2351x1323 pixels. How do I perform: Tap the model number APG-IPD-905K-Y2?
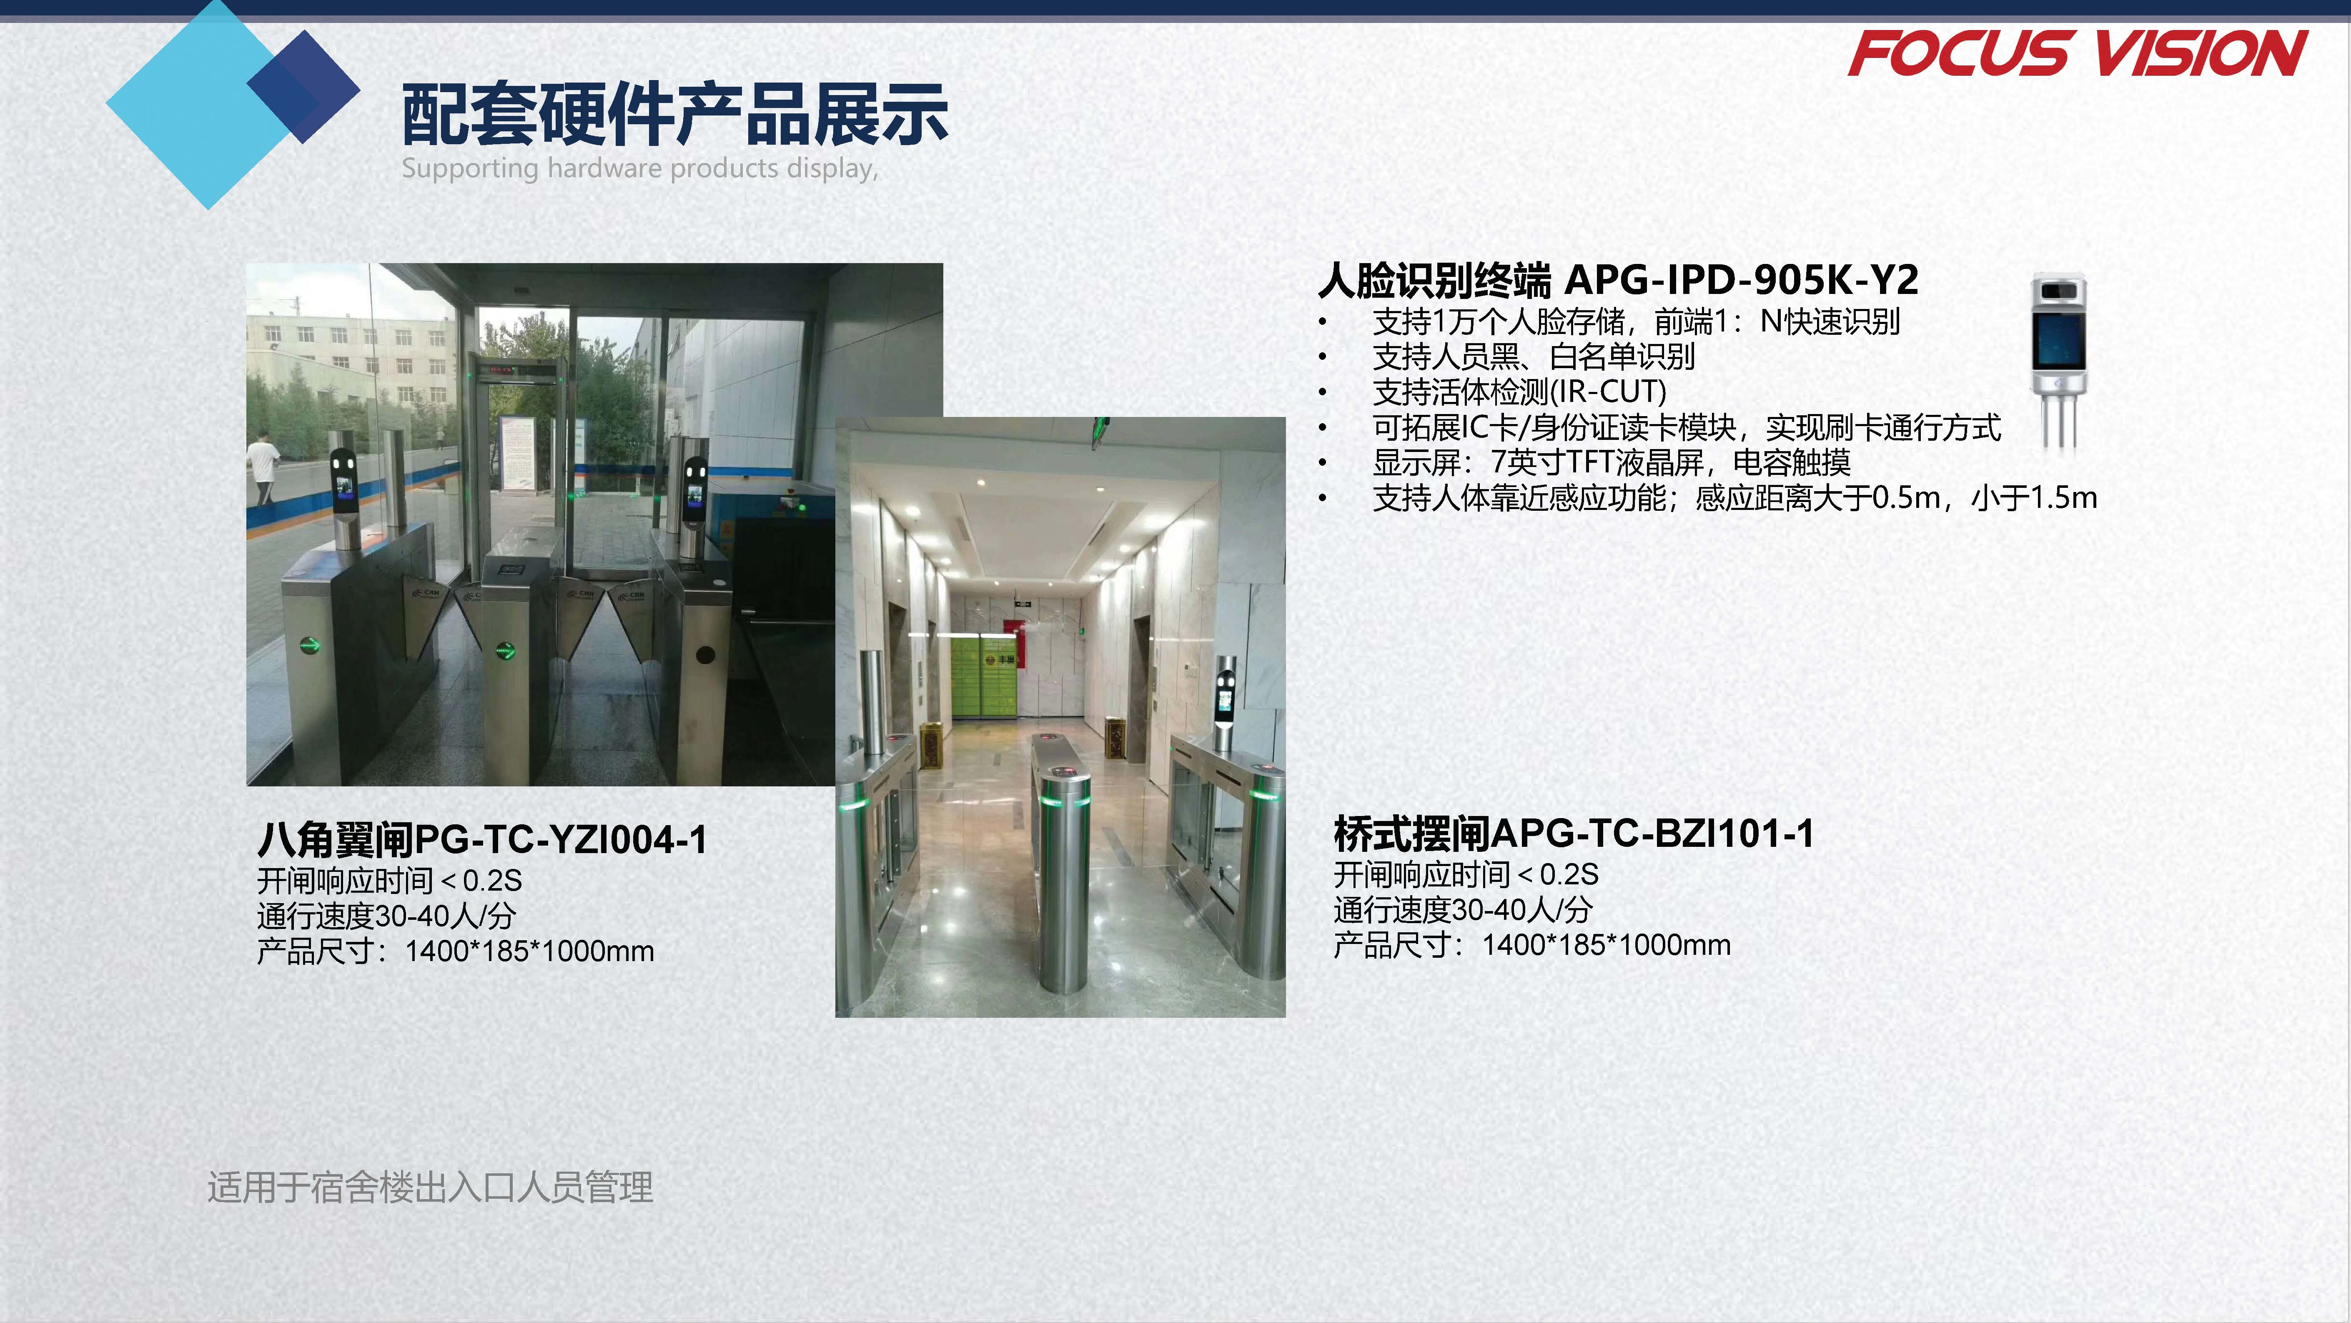point(1741,280)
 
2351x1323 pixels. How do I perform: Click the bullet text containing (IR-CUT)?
point(1519,392)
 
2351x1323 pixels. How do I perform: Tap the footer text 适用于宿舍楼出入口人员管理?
point(430,1187)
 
